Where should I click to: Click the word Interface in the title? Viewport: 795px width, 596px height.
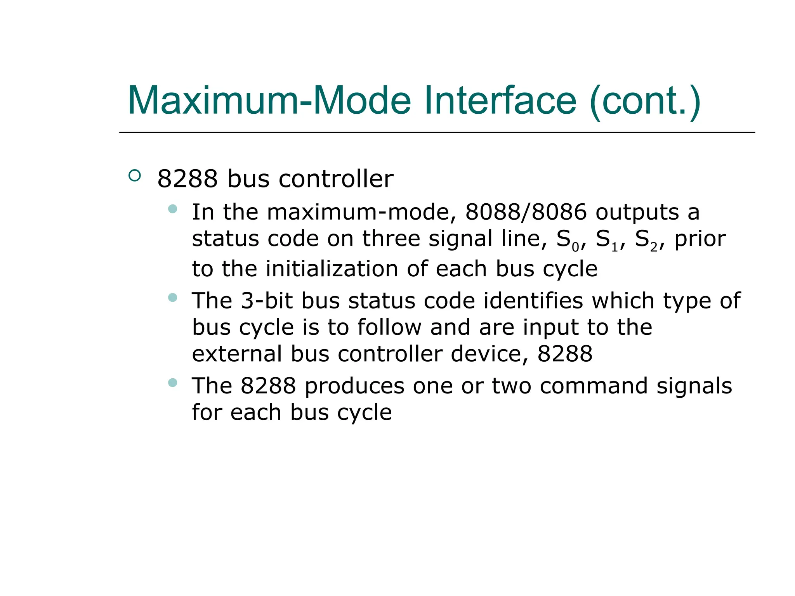point(500,101)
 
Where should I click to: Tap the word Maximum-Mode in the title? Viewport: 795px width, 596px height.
point(269,101)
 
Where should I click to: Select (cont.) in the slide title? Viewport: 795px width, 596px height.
point(645,101)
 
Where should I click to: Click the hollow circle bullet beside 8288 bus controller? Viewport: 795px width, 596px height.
point(134,176)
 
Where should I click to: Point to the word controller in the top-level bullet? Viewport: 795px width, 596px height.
point(336,179)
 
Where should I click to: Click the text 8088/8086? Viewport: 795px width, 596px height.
point(526,212)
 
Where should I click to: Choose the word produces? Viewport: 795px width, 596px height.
point(354,386)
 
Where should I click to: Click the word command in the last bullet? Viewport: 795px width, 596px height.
point(593,386)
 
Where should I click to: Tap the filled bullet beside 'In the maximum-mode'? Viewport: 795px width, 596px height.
point(173,209)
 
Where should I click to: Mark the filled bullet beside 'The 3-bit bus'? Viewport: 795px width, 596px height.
point(173,298)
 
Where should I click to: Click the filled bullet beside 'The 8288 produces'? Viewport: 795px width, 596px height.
point(173,383)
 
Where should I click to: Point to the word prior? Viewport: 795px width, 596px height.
point(700,239)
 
